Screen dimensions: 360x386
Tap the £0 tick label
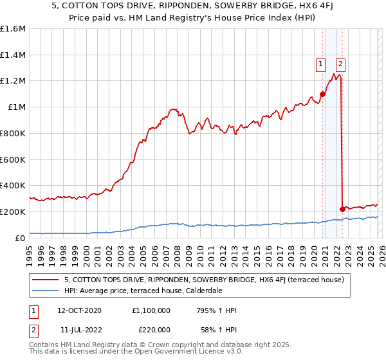tap(19, 238)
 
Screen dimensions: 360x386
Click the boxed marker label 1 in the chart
tap(320, 63)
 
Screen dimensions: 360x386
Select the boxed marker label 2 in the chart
tap(340, 63)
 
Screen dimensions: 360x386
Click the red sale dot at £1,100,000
tap(322, 94)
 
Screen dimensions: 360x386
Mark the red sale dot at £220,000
tap(342, 209)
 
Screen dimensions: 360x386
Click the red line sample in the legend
tap(46, 280)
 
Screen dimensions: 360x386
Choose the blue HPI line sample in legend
tap(46, 291)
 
